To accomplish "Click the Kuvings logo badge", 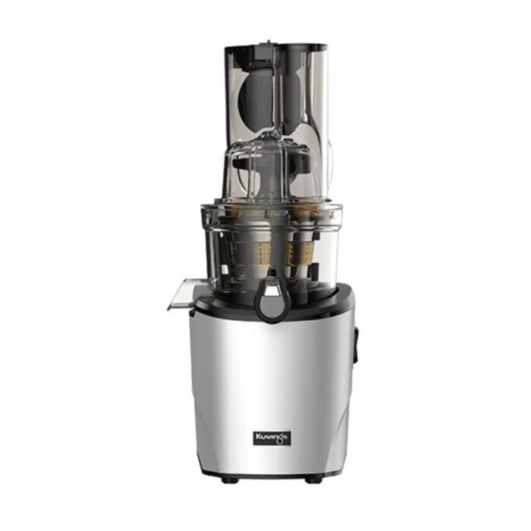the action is (x=272, y=438).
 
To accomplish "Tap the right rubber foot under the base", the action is (x=313, y=479).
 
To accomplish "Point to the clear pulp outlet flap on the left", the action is (x=184, y=294).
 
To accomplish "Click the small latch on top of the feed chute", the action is (x=269, y=44).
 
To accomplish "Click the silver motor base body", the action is (x=272, y=393).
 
